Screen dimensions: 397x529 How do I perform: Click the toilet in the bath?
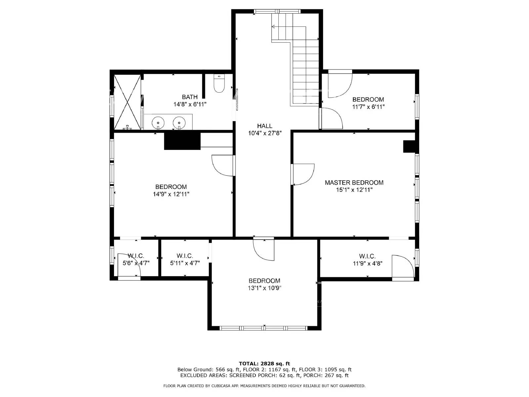pos(219,84)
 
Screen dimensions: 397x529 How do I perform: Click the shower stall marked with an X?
pos(127,102)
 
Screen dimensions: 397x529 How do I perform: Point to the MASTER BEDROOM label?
pos(354,183)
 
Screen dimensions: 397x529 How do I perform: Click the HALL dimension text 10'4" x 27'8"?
pos(264,133)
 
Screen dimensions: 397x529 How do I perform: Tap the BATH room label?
pos(190,97)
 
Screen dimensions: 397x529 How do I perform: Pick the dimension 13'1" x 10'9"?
pos(264,288)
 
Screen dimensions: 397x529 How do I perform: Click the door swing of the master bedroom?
pos(303,174)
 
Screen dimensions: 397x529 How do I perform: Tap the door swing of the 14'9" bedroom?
pos(223,165)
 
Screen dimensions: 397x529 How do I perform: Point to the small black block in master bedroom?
pos(409,147)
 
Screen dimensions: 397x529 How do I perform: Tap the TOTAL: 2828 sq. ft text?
pos(264,364)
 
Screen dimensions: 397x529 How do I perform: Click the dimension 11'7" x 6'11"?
pos(368,107)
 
